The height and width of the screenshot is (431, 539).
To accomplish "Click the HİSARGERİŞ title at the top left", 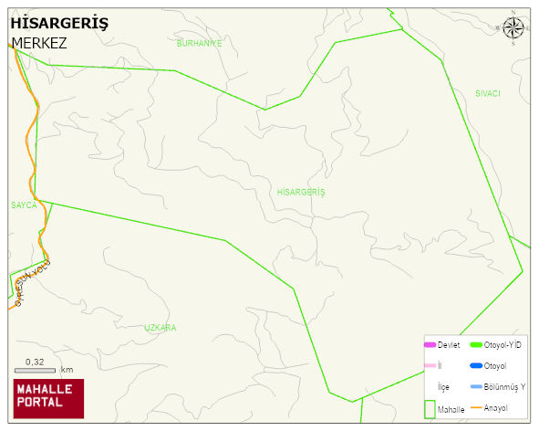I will click(x=58, y=25).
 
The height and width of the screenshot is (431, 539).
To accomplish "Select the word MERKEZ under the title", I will click(x=39, y=43).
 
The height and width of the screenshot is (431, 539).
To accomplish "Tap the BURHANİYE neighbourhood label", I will click(x=199, y=44).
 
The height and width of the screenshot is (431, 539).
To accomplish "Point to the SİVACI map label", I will click(x=488, y=94).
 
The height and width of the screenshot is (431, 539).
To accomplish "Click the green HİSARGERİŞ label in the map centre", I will click(x=301, y=193).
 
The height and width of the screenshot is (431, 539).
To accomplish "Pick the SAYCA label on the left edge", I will click(x=24, y=205).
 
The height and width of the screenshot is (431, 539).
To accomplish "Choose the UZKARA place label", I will click(x=160, y=327).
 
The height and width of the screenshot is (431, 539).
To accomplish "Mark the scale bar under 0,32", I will click(x=36, y=370).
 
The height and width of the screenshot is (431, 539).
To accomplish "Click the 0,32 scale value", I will click(x=35, y=361).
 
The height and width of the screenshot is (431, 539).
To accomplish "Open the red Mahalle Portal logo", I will click(x=48, y=398).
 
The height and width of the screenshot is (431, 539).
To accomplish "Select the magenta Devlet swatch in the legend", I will click(x=430, y=344).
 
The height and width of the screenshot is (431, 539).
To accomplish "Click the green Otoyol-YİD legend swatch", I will click(x=474, y=344).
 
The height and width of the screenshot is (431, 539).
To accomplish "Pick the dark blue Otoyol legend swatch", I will click(x=474, y=366).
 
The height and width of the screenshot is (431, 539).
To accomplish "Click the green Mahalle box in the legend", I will click(x=430, y=409).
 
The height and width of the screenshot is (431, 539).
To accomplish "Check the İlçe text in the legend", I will click(x=444, y=387).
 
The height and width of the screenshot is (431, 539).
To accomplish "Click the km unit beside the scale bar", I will click(x=67, y=370).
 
